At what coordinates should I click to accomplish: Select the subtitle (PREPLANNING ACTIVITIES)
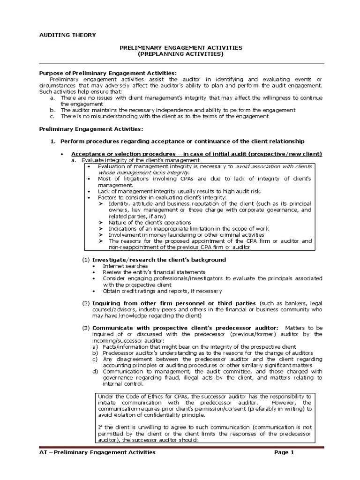pos(180,54)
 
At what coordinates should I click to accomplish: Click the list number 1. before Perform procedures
pos(53,141)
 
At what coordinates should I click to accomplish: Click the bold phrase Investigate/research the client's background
pos(159,259)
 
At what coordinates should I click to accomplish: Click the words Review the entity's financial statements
pos(148,272)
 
